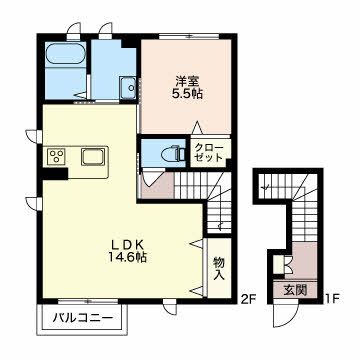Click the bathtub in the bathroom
point(65,53)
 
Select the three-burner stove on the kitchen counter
point(57,156)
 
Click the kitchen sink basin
point(93,157)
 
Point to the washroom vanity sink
point(128,87)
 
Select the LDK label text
point(127,246)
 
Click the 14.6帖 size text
point(128,257)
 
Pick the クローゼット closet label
point(209,152)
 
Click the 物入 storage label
point(219,269)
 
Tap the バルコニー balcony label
point(82,318)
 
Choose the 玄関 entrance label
point(295,291)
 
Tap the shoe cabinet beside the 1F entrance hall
point(279,265)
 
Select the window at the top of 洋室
point(189,36)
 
